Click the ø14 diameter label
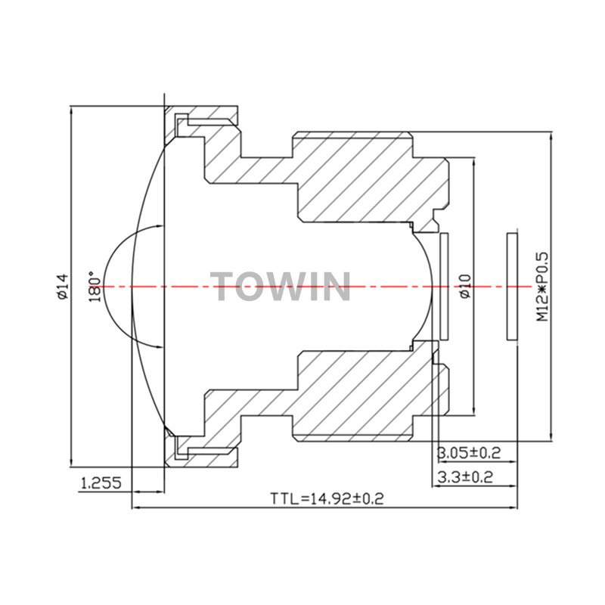click(63, 287)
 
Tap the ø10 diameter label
click(466, 286)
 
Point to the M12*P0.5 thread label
click(541, 287)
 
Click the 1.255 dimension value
click(101, 482)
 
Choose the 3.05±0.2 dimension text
click(468, 452)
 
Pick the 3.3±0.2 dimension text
click(465, 477)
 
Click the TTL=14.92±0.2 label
click(327, 498)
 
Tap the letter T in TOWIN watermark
click(222, 286)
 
